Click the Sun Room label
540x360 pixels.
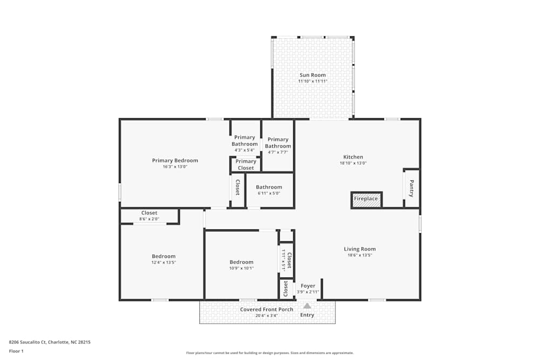313,75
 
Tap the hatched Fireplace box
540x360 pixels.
366,199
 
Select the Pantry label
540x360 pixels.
411,188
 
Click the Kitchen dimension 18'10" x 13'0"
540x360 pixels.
353,163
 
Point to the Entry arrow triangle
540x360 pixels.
307,305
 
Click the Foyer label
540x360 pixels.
308,286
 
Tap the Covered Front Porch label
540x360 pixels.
267,309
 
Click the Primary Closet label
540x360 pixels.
246,165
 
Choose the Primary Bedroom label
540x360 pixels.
175,160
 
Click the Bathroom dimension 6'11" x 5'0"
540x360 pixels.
269,193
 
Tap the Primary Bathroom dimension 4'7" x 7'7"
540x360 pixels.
278,152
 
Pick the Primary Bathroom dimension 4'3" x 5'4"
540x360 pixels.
245,150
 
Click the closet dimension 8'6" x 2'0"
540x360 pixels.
149,219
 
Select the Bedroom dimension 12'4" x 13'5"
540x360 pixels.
163,262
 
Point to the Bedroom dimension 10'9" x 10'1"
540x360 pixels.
241,268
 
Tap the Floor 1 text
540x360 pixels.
16,351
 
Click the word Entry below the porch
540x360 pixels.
307,315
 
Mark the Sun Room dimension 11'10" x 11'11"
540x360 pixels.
313,81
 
